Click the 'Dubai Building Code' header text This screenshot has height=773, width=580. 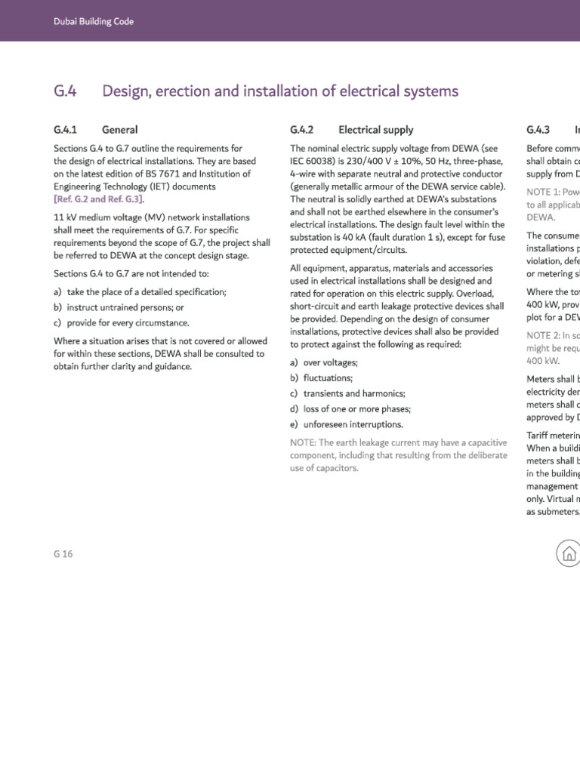(x=93, y=21)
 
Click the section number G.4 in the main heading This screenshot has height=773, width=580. (x=65, y=91)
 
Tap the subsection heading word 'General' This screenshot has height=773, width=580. (x=119, y=130)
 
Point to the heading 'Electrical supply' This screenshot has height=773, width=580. (x=375, y=130)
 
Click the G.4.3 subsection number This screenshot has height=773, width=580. (x=538, y=130)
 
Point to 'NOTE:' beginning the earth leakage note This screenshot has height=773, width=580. (x=304, y=442)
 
